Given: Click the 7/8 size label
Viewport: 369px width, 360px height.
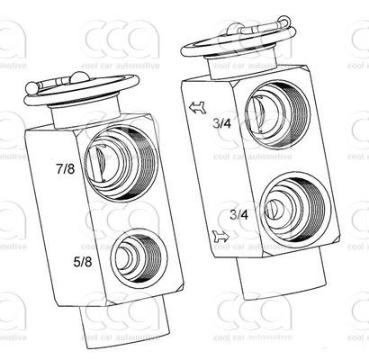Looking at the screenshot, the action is [66, 169].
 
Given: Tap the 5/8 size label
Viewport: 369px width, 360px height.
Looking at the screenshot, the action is [83, 262].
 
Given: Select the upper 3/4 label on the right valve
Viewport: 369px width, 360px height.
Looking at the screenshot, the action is [222, 123].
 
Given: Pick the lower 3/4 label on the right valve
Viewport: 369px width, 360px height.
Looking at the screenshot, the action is [239, 215].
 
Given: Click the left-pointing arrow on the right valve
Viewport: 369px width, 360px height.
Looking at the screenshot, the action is [197, 107].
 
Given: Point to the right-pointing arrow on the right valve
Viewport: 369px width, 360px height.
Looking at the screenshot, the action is [220, 237].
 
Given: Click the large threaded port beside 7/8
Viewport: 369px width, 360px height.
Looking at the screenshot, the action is [121, 163].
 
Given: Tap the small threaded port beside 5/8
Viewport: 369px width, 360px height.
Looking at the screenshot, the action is [138, 256].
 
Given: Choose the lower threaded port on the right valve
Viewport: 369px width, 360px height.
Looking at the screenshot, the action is [295, 207].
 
